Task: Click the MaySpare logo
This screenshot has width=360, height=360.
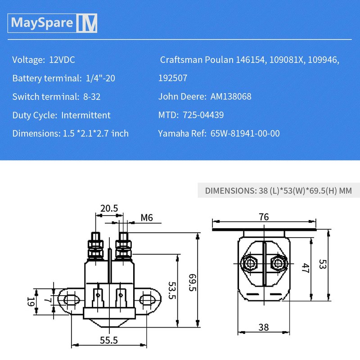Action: (x=52, y=23)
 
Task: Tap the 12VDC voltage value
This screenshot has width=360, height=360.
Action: (x=62, y=60)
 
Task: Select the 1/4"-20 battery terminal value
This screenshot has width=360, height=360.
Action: (x=100, y=78)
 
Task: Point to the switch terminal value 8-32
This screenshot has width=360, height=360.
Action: (x=92, y=97)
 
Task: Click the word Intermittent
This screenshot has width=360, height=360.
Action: (x=86, y=115)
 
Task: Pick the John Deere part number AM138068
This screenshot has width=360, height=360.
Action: (x=231, y=96)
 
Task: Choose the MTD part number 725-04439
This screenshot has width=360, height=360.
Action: (x=203, y=115)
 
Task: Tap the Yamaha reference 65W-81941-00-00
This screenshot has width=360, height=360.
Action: (x=245, y=133)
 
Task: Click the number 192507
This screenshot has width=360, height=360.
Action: (x=173, y=78)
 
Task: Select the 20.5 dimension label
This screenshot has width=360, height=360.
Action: (x=109, y=208)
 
